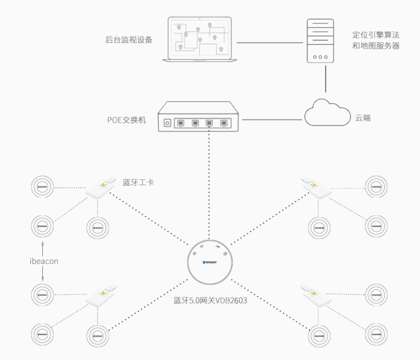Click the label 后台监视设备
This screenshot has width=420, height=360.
[129, 40]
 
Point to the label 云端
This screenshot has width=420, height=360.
[363, 117]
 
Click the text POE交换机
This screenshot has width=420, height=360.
[126, 119]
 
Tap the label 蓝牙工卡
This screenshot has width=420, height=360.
[138, 182]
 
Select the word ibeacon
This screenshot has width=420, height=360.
[43, 261]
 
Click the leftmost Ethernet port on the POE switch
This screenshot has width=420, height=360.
[180, 123]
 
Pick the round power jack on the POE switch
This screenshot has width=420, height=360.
[167, 123]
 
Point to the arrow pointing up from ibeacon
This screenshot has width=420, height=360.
[43, 247]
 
